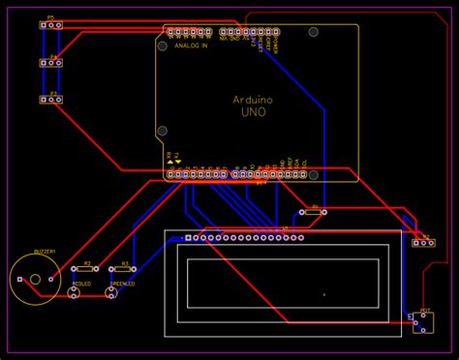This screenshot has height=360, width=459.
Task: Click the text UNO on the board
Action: pyautogui.click(x=253, y=113)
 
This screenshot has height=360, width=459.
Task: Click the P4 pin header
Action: pyautogui.click(x=50, y=63)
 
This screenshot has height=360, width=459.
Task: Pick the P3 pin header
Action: pyautogui.click(x=50, y=100)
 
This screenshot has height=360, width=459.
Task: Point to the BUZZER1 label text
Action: pyautogui.click(x=45, y=252)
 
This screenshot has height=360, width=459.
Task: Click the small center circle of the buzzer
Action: pyautogui.click(x=35, y=280)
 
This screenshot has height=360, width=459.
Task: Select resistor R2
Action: pyautogui.click(x=86, y=269)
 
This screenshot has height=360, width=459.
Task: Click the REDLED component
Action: pyautogui.click(x=76, y=292)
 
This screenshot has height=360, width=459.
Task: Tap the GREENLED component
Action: pyautogui.click(x=112, y=292)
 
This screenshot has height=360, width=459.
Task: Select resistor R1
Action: pyautogui.click(x=311, y=212)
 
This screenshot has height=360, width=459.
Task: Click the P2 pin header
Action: pyautogui.click(x=422, y=243)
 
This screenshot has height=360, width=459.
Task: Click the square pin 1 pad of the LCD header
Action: pyautogui.click(x=188, y=238)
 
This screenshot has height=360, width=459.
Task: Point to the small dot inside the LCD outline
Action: pyautogui.click(x=323, y=293)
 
